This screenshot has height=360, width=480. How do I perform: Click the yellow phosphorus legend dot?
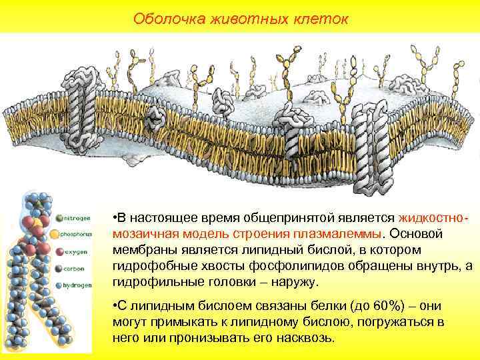[59, 235]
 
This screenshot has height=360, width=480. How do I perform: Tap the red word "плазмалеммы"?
[339, 235]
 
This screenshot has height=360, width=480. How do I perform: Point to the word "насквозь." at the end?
[303, 338]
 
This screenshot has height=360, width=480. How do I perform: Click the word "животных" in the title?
[241, 18]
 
